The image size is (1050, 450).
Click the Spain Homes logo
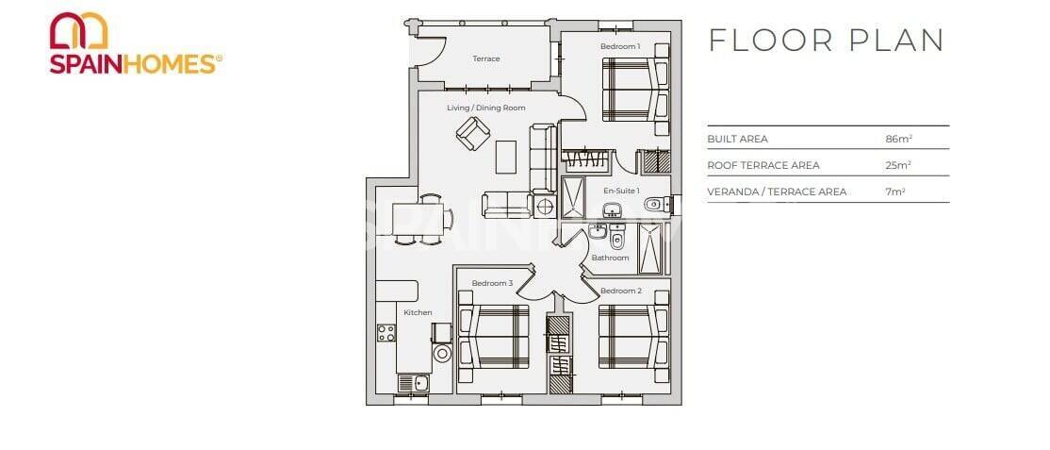pos(136,43)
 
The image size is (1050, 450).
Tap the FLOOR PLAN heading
pos(826,40)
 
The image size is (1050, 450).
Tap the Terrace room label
pos(485,58)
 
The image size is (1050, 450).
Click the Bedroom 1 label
pos(620,46)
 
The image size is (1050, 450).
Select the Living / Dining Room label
pos(485,108)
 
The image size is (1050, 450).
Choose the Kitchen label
pos(418,312)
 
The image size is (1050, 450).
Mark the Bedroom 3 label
pos(492,283)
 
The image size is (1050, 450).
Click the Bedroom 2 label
pos(620,291)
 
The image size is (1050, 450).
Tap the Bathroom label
pos(610,258)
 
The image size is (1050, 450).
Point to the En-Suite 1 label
pos(621,191)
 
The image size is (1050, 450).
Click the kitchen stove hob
pos(386,332)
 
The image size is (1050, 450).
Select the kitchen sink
pos(412,383)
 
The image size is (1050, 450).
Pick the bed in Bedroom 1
pos(633,90)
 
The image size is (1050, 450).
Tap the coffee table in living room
pos(506,155)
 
